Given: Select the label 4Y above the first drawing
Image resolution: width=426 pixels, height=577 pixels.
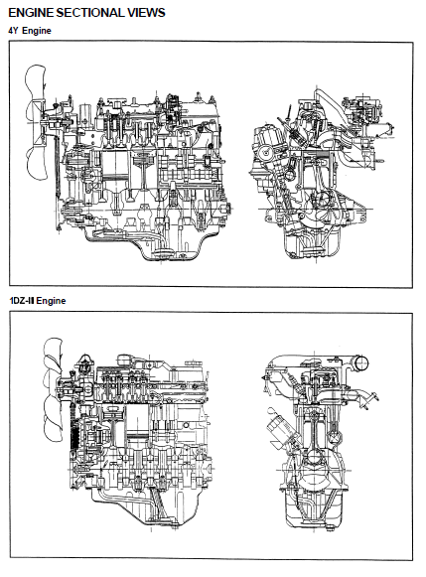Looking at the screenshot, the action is pos(13,31).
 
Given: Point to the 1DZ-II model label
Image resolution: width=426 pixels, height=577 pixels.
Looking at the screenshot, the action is pos(22,301).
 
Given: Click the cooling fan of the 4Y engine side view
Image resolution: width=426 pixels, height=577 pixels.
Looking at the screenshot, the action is pos(36,122).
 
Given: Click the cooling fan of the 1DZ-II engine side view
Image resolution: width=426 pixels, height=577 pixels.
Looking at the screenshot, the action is pos(53,389).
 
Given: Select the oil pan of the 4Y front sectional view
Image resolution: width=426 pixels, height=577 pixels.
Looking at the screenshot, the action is pos(313,243).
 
